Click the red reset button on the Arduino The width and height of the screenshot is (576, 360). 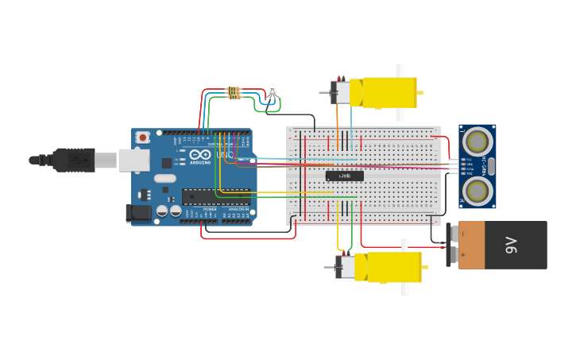click(142, 137)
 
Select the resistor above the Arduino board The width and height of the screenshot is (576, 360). click(234, 93)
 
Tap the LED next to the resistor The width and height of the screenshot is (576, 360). click(273, 91)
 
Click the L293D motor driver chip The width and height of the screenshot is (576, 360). click(344, 176)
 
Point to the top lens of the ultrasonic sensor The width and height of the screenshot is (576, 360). click(477, 142)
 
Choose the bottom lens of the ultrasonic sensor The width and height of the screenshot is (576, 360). click(477, 191)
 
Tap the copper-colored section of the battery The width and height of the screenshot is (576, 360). click(470, 245)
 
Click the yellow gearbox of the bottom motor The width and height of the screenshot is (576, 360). click(392, 267)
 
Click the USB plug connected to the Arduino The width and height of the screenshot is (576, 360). click(75, 160)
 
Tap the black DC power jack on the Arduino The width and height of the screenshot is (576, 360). click(139, 212)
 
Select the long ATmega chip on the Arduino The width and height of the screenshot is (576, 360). click(216, 195)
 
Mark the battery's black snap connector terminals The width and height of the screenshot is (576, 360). click(450, 245)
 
